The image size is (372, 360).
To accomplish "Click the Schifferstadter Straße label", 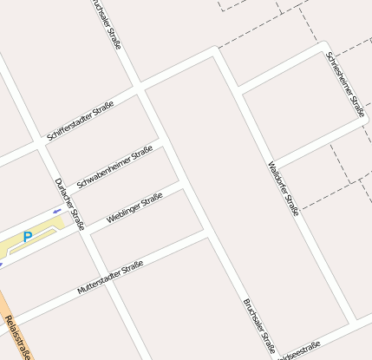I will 82,121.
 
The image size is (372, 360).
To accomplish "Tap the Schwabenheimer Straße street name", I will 114,167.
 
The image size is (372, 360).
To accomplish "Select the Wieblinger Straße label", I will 134,208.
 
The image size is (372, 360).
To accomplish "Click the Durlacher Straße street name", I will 69,204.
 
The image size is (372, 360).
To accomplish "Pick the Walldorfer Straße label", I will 284,188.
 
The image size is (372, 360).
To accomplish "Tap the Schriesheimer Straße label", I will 345,84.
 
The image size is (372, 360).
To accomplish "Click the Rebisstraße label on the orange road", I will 17,338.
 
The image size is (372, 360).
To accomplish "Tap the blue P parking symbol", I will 28,236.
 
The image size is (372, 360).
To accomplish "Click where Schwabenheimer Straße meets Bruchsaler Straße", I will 161,139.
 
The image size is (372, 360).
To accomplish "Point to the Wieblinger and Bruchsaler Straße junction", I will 182,185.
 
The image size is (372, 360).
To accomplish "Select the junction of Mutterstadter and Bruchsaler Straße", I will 206,232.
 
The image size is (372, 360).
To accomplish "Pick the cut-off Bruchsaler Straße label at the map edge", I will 105,22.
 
